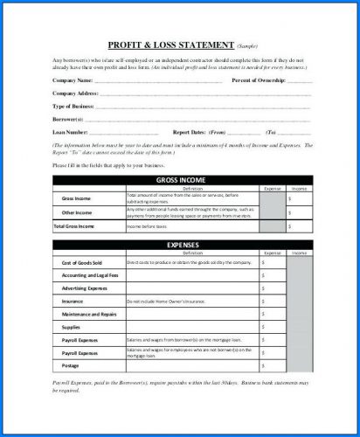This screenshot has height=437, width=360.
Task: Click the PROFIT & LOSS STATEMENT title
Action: (x=170, y=43)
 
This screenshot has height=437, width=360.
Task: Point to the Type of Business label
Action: (x=74, y=105)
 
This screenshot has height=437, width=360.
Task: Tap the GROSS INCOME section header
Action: (x=180, y=180)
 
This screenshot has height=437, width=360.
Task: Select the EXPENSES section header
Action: (x=180, y=245)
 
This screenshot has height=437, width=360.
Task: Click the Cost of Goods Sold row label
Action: (x=82, y=263)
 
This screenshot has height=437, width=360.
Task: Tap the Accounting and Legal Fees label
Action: (x=89, y=275)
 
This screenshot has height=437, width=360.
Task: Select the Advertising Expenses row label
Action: (x=84, y=288)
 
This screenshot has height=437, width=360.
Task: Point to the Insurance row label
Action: (x=73, y=301)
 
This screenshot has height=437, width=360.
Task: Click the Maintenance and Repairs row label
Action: (x=89, y=314)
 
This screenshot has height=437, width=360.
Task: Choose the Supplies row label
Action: (x=71, y=327)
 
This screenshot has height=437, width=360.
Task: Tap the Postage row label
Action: (x=71, y=365)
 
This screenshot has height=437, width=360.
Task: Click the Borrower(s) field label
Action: (x=68, y=118)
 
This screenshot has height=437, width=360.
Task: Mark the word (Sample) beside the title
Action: (x=248, y=44)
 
